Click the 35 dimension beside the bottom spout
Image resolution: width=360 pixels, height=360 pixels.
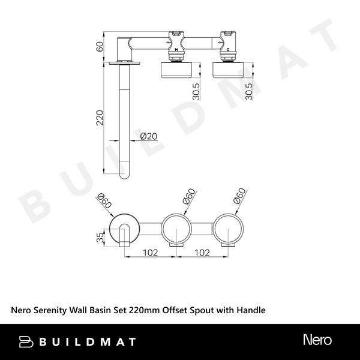pos(101,237)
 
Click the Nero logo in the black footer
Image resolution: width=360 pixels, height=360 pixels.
pos(317,341)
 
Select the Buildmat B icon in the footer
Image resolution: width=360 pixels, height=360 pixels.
pos(26,341)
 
